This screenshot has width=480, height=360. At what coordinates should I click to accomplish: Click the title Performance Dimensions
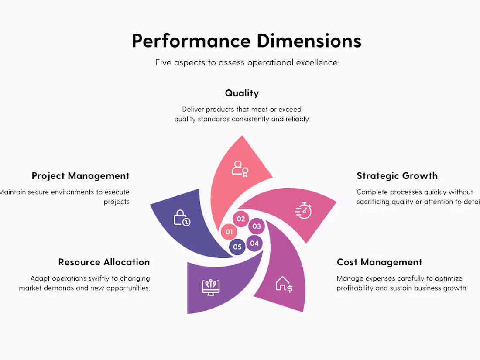tap(247, 41)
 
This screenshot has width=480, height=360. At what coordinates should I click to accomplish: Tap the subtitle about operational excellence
tap(247, 62)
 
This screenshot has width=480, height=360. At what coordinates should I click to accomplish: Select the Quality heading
tap(242, 93)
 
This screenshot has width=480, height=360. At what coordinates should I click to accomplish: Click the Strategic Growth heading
tap(397, 176)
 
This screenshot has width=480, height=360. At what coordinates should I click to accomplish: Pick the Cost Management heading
tap(379, 262)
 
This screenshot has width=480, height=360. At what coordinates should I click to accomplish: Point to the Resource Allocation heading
tap(104, 262)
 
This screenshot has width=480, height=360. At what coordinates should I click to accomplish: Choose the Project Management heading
tap(80, 176)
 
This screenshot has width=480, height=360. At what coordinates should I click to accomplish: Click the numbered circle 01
tap(229, 232)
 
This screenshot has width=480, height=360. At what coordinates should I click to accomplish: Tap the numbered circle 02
tap(241, 219)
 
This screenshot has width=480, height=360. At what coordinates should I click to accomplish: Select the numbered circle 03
tap(257, 226)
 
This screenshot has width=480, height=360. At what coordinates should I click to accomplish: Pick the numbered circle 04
tap(254, 243)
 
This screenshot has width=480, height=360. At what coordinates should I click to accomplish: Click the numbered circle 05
tap(237, 247)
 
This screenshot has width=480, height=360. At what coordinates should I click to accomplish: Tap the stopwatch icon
tap(304, 210)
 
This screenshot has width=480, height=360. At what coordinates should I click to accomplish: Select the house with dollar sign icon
tap(284, 284)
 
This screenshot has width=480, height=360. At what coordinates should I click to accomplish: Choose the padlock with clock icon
tap(182, 218)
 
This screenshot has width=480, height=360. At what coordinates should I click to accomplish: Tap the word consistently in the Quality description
tap(249, 119)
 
